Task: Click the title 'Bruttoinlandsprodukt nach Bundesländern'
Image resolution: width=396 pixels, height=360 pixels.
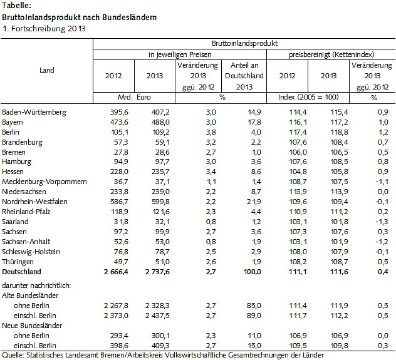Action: pos(79,17)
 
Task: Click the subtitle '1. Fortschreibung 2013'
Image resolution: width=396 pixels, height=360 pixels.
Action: pos(43,28)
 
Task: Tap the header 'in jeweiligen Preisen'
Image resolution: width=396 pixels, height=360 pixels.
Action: pos(180,55)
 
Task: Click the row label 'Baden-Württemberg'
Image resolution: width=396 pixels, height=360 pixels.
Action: pos(34,112)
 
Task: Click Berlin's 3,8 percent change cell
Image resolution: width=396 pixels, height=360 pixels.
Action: pos(210,132)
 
